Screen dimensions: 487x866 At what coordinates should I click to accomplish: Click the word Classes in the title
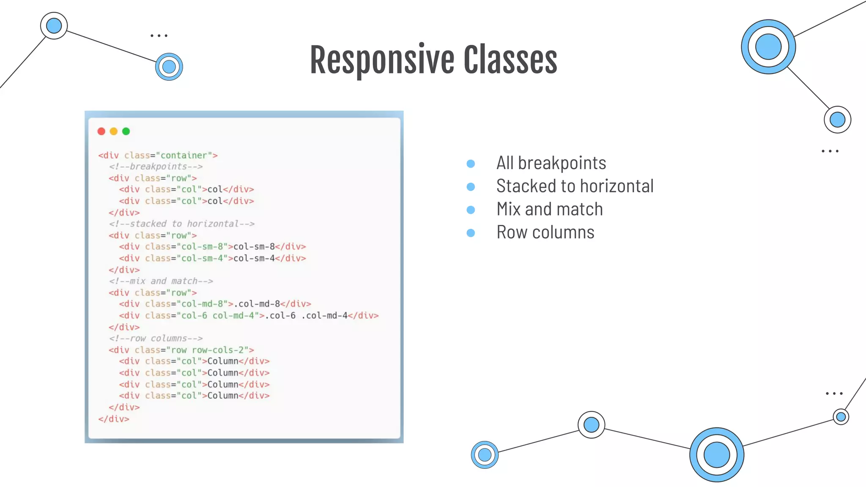[x=510, y=60]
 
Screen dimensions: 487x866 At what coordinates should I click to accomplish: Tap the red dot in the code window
[x=101, y=131]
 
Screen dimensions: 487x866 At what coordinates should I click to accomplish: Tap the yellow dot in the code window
[x=113, y=131]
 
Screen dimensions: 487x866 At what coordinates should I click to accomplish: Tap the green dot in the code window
[x=126, y=131]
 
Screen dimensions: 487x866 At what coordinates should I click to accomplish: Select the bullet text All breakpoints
[x=551, y=163]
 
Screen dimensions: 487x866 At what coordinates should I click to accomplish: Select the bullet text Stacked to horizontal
[x=575, y=186]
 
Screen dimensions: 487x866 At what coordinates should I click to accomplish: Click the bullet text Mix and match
[x=549, y=209]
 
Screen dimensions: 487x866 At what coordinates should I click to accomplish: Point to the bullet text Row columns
[x=545, y=233]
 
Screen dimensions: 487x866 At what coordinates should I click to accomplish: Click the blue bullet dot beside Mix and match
[x=471, y=210]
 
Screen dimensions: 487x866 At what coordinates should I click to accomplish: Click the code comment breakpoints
[x=156, y=167]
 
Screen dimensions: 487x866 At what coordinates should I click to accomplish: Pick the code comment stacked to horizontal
[x=182, y=224]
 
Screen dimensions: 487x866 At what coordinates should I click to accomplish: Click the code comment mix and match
[x=161, y=281]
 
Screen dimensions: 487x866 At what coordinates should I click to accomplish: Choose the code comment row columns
[x=156, y=338]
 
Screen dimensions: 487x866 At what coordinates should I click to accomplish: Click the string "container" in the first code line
[x=184, y=156]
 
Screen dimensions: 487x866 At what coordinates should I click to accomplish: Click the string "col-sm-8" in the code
[x=202, y=246]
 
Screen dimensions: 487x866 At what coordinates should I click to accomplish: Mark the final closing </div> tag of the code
[x=114, y=419]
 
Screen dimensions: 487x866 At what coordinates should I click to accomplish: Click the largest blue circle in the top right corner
[x=768, y=47]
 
